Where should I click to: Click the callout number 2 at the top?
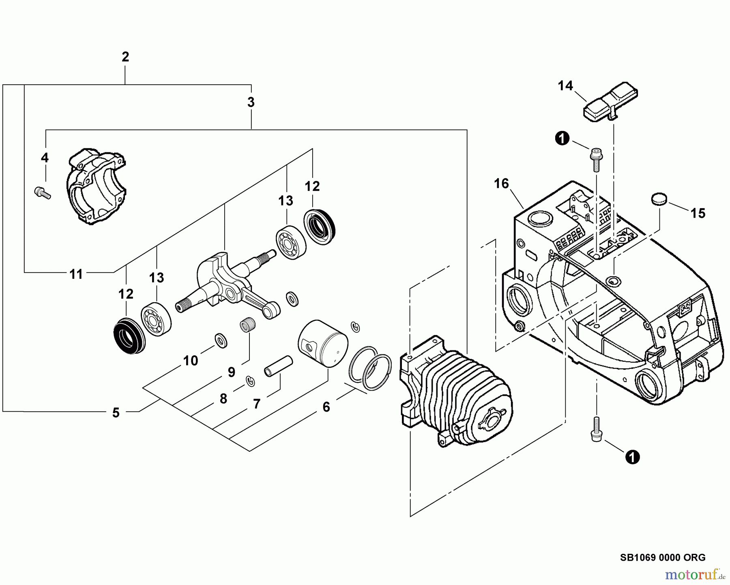point(125,57)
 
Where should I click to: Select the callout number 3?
point(251,102)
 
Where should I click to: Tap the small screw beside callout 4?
point(41,192)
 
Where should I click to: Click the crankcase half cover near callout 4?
point(96,186)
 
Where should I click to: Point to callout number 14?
point(565,86)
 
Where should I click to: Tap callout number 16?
point(501,184)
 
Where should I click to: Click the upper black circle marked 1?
point(562,139)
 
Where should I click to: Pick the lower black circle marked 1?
point(632,457)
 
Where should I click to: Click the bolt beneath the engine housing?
point(596,429)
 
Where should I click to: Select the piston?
point(323,343)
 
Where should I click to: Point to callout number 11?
point(76,274)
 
